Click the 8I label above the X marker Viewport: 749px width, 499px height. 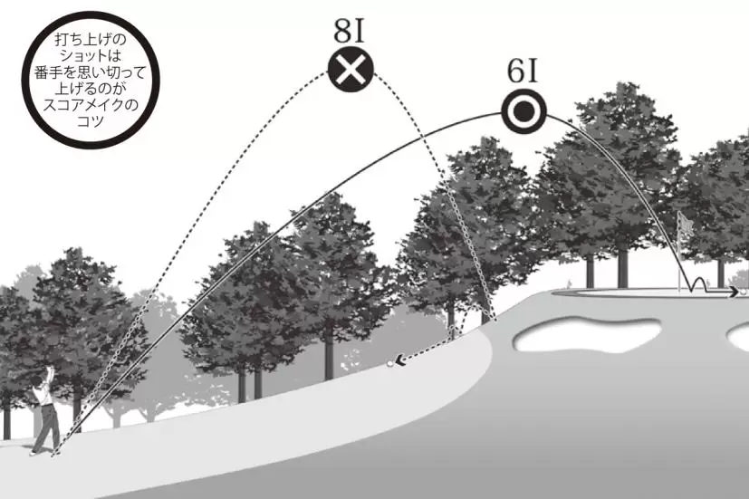350,31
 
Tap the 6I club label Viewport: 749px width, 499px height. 523,72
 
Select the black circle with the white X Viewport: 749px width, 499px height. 350,69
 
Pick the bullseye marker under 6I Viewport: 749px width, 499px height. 524,110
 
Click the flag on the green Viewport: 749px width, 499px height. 686,224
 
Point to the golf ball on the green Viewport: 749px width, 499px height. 743,291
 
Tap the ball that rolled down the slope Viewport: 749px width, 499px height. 390,364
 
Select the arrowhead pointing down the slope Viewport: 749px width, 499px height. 400,360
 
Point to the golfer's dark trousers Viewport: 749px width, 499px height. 46,427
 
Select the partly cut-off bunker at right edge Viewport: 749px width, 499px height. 738,336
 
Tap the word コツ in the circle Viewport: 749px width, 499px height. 91,121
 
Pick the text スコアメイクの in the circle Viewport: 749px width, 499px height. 91,104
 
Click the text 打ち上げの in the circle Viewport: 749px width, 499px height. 91,39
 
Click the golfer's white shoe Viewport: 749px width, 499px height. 33,453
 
